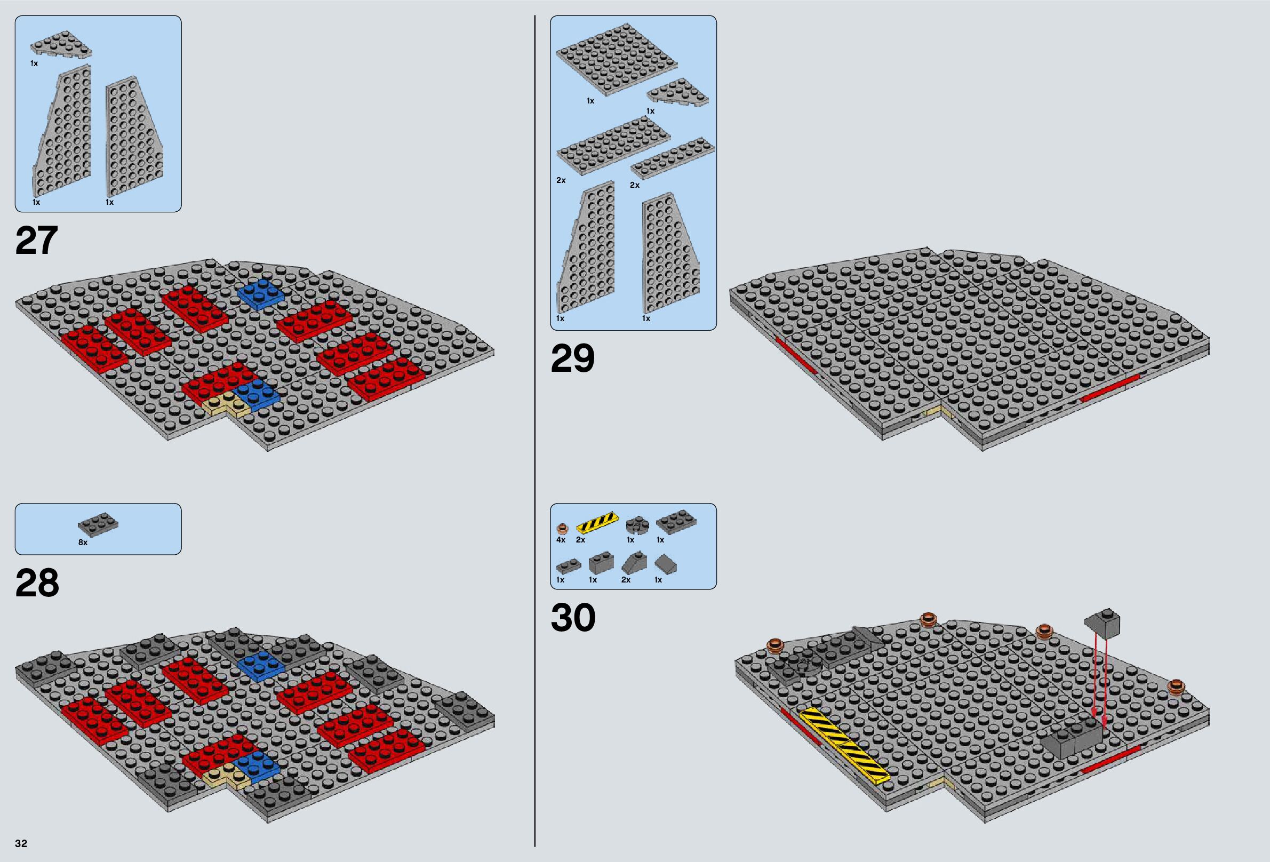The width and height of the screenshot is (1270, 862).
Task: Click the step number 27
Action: click(36, 241)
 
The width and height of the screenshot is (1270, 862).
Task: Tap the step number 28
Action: click(37, 583)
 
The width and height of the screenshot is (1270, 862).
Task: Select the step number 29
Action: click(572, 359)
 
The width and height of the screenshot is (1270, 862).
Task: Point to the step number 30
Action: click(573, 618)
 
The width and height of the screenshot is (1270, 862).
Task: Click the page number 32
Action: click(21, 843)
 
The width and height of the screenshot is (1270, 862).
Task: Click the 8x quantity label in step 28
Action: click(83, 543)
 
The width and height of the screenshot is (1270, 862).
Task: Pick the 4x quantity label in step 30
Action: click(561, 540)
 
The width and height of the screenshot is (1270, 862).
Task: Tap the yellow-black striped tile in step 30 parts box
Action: click(597, 523)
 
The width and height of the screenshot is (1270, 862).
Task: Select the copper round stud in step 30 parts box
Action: click(562, 528)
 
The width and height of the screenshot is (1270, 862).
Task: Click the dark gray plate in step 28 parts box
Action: click(98, 525)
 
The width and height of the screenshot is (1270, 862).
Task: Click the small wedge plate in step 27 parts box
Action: click(61, 45)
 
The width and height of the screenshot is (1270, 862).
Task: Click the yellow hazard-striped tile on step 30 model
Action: click(843, 746)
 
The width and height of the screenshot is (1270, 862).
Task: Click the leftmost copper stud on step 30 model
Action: click(775, 645)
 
